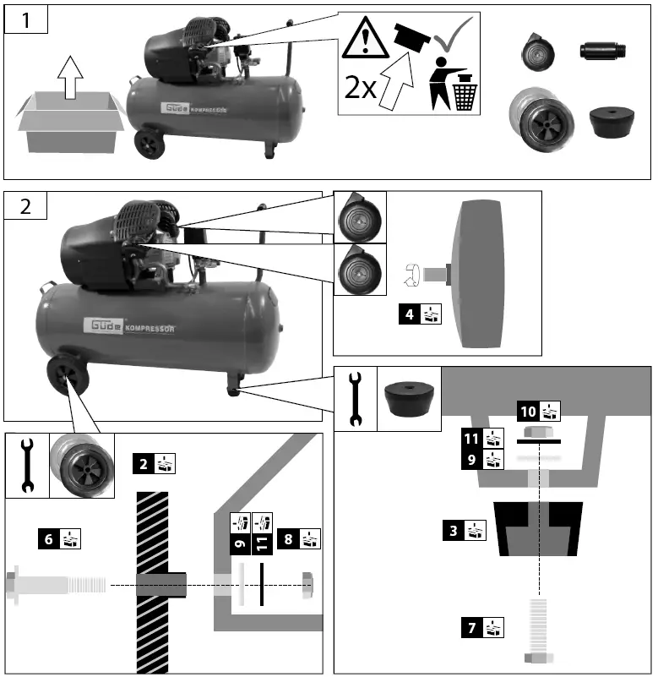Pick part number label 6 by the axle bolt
(x=60, y=537)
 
